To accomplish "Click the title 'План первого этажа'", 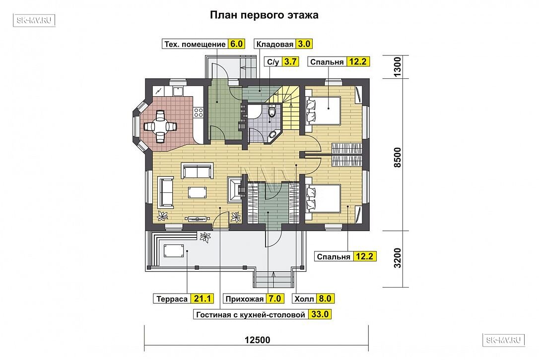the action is pyautogui.click(x=264, y=15).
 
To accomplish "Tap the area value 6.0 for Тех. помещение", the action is pyautogui.click(x=236, y=44).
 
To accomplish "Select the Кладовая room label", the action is pyautogui.click(x=274, y=44).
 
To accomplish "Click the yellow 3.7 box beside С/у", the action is pyautogui.click(x=290, y=62).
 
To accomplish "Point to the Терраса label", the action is pyautogui.click(x=172, y=299).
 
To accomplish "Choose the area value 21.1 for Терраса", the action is pyautogui.click(x=202, y=299).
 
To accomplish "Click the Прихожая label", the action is pyautogui.click(x=244, y=299).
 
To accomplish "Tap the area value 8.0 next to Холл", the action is pyautogui.click(x=325, y=299).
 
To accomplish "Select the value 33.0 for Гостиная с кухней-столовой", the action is pyautogui.click(x=320, y=314).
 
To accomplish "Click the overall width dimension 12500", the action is pyautogui.click(x=258, y=340).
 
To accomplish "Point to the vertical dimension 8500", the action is pyautogui.click(x=397, y=157).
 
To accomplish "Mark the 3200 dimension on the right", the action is pyautogui.click(x=397, y=258).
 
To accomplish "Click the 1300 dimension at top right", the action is pyautogui.click(x=397, y=67).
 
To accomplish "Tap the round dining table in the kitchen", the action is pyautogui.click(x=160, y=126).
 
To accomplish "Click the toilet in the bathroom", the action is pyautogui.click(x=272, y=111).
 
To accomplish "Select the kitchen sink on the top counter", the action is pyautogui.click(x=178, y=91).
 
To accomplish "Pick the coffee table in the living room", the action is pyautogui.click(x=198, y=192).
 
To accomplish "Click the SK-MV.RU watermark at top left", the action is pyautogui.click(x=34, y=20).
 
